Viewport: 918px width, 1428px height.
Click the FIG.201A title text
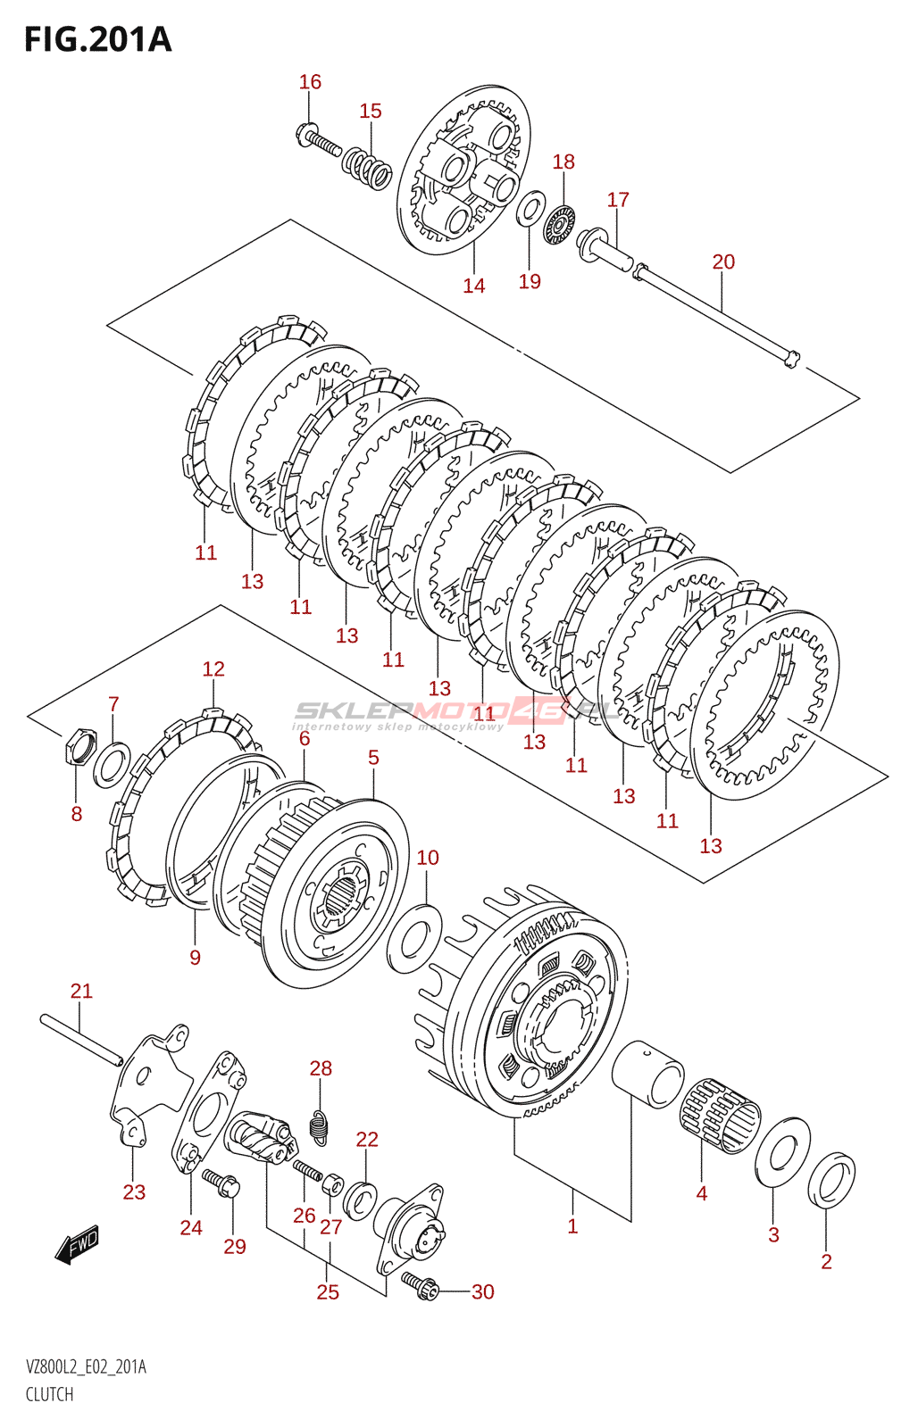97,40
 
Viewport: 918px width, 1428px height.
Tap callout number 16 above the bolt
310,82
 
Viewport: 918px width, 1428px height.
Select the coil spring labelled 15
367,166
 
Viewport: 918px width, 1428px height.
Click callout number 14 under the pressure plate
473,286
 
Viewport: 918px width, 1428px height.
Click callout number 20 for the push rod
723,262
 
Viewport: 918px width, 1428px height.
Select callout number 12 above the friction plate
213,668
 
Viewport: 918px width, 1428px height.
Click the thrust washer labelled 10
415,938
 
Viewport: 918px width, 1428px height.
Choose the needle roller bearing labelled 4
721,1116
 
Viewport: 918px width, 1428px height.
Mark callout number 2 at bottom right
826,1261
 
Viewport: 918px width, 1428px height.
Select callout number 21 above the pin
81,991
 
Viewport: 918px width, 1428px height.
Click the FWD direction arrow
78,1244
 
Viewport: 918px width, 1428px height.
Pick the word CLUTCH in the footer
49,1394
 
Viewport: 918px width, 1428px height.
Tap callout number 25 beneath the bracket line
328,1291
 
